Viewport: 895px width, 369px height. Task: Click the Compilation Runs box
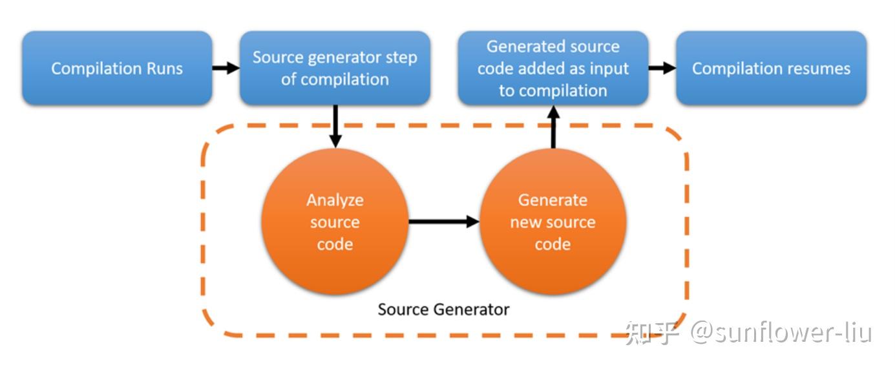[117, 68]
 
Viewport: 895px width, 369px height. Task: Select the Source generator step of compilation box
[335, 68]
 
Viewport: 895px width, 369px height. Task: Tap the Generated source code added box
[553, 68]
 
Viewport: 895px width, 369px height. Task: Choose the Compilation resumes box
[771, 68]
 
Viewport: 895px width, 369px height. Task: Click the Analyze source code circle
[335, 222]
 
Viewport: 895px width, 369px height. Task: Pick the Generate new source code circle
[553, 222]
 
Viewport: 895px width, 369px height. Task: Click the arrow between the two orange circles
[444, 221]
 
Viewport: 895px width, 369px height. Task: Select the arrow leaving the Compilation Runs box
[226, 68]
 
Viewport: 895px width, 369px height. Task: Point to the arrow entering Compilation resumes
[662, 68]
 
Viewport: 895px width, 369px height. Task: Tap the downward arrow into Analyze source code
[335, 127]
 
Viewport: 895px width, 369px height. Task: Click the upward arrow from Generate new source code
[553, 127]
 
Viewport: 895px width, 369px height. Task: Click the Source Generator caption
[443, 310]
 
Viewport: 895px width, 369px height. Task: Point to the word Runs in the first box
[165, 69]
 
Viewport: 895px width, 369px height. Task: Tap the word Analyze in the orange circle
[335, 200]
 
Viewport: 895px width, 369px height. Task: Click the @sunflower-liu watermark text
[781, 333]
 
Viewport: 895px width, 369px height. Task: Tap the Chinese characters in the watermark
[652, 333]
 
